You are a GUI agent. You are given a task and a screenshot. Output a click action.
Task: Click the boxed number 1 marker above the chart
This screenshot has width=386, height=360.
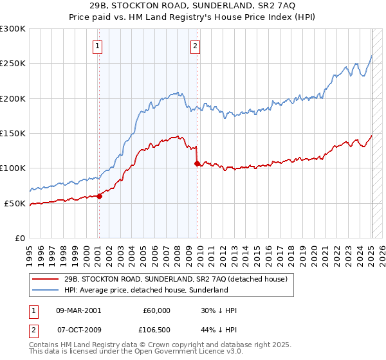(x=97, y=46)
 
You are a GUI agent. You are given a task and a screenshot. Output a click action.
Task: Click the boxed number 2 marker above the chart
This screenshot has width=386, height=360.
(x=194, y=46)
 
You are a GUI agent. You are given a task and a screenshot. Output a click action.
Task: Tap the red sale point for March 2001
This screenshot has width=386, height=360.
(x=99, y=196)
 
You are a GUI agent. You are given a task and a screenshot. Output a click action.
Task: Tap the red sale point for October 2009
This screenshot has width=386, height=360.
(x=197, y=164)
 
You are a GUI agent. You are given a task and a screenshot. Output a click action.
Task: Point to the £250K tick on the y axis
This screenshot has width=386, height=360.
(x=13, y=64)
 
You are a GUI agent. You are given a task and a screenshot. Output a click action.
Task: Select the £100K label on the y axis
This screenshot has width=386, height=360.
(x=13, y=168)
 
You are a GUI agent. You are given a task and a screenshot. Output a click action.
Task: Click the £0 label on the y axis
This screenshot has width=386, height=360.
(x=19, y=238)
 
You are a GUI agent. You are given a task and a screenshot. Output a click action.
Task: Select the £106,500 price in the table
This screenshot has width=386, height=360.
(x=159, y=329)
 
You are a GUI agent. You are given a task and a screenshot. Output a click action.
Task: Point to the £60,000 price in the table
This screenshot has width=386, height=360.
(x=156, y=310)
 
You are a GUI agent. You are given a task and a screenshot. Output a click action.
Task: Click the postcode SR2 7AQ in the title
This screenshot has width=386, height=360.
(x=279, y=6)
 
